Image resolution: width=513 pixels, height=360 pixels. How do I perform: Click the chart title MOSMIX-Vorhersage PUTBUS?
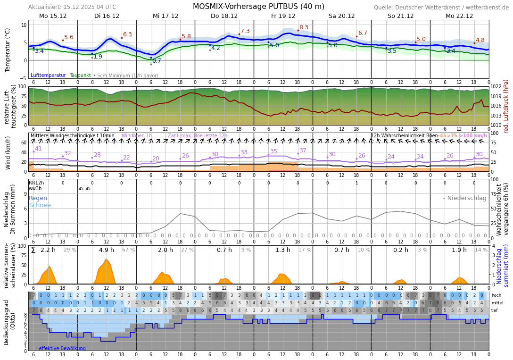[258, 7]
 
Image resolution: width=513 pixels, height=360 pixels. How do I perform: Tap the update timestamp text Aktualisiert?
[72, 7]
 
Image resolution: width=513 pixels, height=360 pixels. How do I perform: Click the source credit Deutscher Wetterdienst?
[441, 8]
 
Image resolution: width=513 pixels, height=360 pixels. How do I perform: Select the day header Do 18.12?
[224, 16]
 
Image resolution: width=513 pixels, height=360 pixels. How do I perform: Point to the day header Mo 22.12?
[459, 16]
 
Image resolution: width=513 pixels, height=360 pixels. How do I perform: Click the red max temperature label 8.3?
[304, 28]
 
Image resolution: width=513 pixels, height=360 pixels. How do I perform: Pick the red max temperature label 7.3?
[245, 32]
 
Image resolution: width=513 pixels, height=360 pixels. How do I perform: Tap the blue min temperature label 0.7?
[157, 61]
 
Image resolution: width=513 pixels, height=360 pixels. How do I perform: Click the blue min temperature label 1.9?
[98, 57]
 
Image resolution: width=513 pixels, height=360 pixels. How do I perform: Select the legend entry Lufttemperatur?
[48, 75]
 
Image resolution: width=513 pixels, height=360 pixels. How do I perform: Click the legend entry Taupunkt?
[80, 75]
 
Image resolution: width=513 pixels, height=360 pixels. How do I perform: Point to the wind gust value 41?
[38, 149]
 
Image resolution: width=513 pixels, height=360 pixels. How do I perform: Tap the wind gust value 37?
[303, 151]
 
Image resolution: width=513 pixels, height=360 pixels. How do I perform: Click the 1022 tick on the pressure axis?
[496, 87]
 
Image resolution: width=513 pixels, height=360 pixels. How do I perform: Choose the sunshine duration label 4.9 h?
[107, 250]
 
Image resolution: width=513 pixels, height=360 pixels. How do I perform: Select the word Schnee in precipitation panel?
[40, 205]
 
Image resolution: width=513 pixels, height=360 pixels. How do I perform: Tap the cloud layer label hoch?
[496, 295]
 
